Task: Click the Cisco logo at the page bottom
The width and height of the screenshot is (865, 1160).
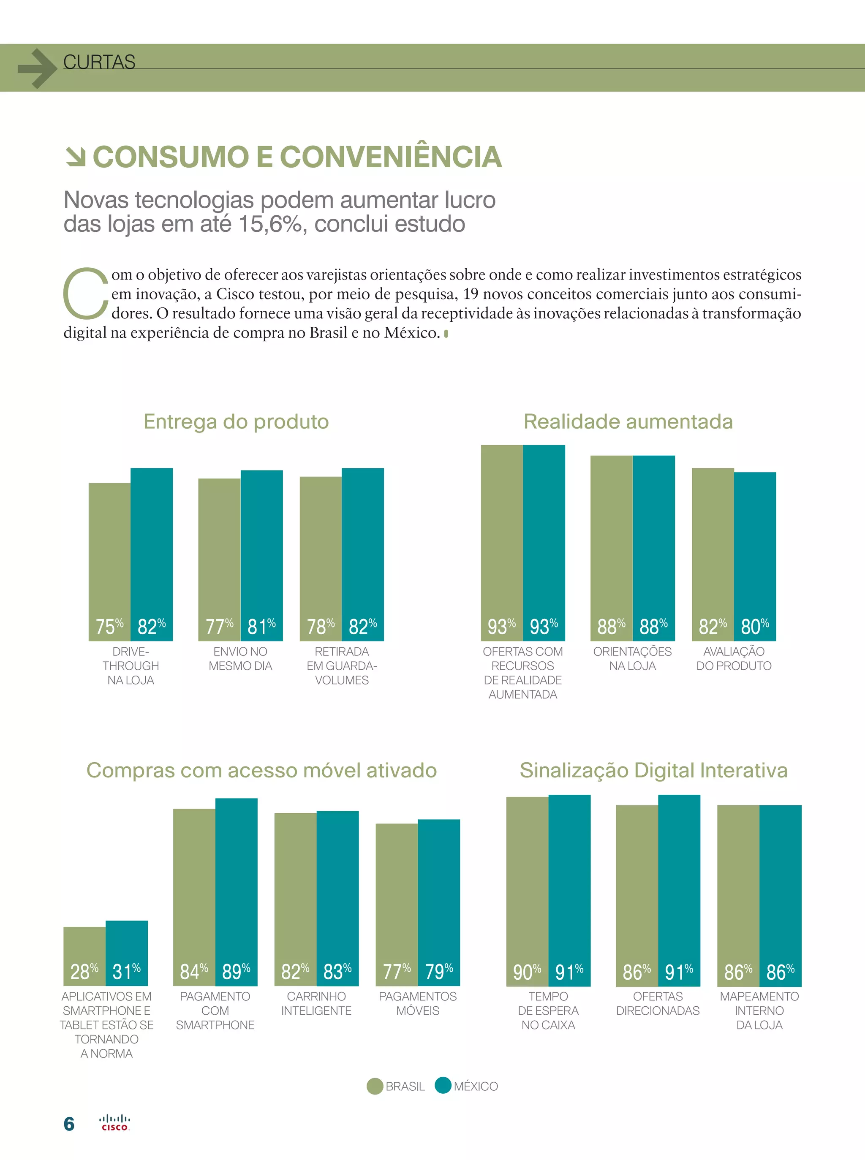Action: tap(114, 1123)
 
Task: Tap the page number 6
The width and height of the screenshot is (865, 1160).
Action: tap(68, 1124)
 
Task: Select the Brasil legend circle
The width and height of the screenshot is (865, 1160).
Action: tap(375, 1086)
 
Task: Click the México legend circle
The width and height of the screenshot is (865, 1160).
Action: tap(443, 1086)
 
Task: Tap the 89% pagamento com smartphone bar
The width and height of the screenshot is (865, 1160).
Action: tap(236, 890)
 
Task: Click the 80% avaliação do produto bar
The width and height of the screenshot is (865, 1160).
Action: tap(754, 555)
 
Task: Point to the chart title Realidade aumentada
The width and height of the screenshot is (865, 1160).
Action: tap(628, 421)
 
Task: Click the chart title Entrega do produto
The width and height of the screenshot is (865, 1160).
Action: tap(236, 421)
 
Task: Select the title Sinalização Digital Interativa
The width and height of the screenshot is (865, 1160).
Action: tap(653, 770)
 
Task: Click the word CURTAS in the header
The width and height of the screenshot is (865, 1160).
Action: tap(99, 62)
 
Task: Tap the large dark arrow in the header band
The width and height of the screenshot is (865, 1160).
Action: tap(37, 68)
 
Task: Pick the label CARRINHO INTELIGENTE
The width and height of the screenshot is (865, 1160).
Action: tap(316, 1003)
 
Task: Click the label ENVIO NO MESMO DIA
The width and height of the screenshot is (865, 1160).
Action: tap(240, 658)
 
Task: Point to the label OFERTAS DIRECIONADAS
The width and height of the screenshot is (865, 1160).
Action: tap(658, 1003)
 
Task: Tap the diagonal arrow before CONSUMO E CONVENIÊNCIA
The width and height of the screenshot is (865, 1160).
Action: tap(76, 157)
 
